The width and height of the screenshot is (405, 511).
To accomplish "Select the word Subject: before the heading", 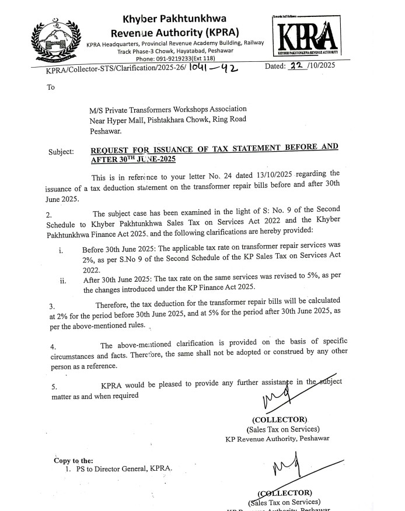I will point(61,152).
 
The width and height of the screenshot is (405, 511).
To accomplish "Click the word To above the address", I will point(51,87).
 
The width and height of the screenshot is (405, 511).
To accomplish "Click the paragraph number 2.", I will point(49,214).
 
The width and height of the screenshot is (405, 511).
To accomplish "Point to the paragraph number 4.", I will point(52,346).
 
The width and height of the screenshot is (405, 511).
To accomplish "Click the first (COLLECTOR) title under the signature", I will point(279,419).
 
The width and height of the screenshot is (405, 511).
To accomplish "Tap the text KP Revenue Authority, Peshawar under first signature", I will point(277,438).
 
